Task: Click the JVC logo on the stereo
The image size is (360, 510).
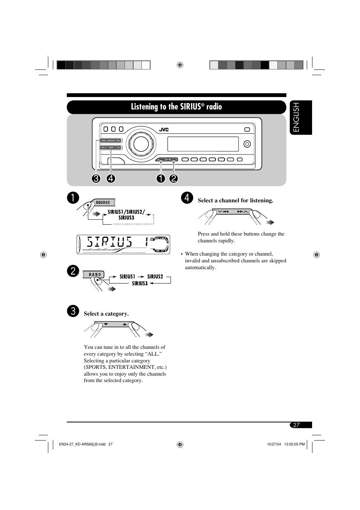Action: (164, 129)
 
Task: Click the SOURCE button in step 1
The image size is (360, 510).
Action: (103, 202)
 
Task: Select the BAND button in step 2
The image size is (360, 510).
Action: (95, 274)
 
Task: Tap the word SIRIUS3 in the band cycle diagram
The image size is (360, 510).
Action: (140, 284)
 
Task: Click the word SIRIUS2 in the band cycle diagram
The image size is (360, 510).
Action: (155, 277)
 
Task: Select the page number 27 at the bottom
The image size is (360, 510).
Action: (297, 425)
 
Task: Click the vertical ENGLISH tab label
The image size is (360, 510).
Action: (296, 117)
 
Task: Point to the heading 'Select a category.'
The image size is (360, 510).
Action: (106, 314)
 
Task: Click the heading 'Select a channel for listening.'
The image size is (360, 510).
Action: (235, 200)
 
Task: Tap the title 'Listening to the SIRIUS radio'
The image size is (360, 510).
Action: (176, 107)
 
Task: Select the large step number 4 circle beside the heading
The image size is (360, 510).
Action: (187, 198)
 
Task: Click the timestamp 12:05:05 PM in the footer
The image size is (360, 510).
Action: (294, 444)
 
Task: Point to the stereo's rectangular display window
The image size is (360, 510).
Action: (203, 144)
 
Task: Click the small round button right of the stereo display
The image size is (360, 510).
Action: (247, 144)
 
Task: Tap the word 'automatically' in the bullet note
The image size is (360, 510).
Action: (200, 267)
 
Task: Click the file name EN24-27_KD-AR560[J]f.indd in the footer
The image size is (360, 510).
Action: (82, 444)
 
